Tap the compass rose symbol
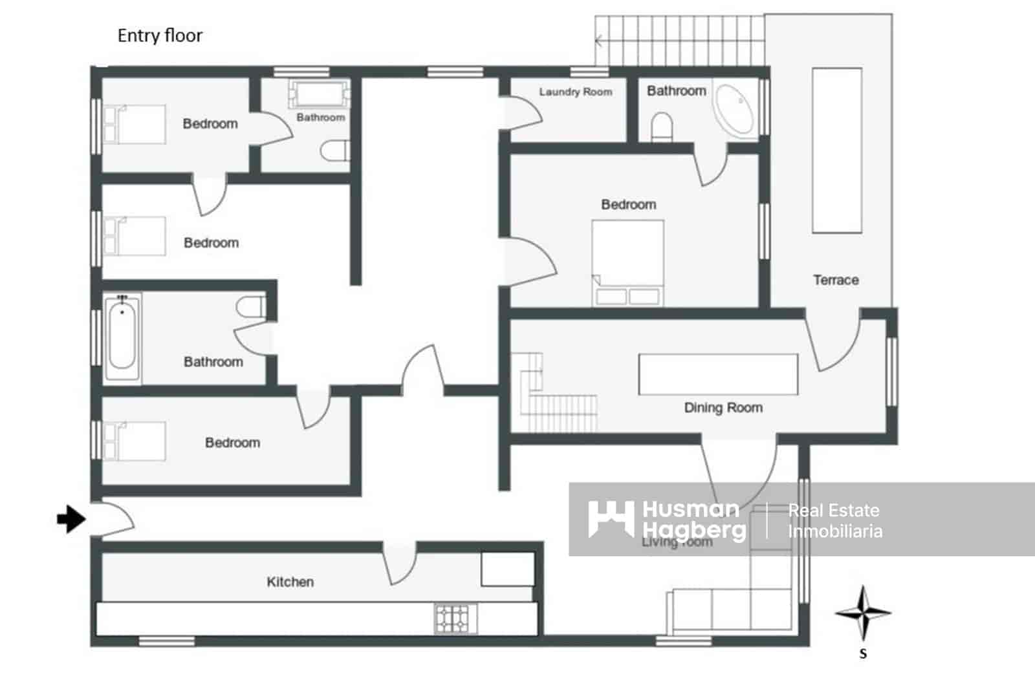click(863, 613)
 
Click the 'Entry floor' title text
click(160, 36)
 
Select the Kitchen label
click(290, 582)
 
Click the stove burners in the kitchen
click(456, 619)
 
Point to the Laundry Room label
click(575, 92)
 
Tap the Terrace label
click(836, 280)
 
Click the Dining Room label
click(723, 408)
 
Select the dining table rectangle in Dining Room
click(718, 374)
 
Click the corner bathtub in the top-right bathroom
click(735, 109)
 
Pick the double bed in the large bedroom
click(628, 262)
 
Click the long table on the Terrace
click(837, 150)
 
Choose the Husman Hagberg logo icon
click(611, 518)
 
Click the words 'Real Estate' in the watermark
click(833, 511)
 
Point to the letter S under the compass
click(863, 654)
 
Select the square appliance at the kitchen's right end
click(508, 569)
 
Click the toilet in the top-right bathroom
click(662, 127)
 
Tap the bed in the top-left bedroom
click(135, 124)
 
